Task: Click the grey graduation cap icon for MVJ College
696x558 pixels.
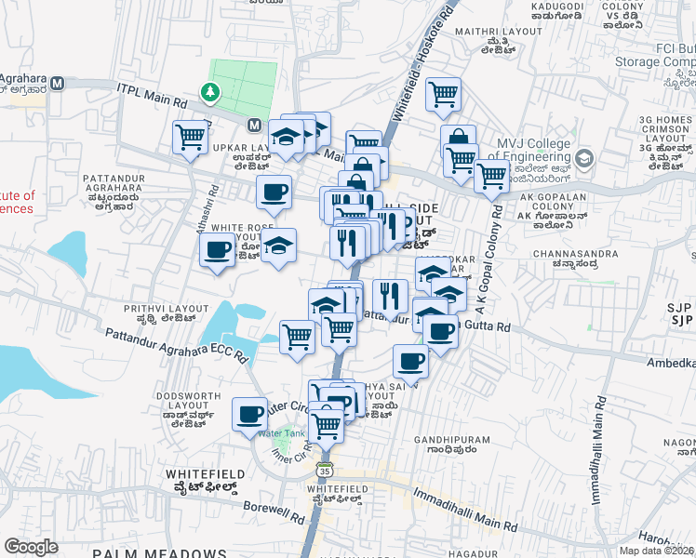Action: [584, 158]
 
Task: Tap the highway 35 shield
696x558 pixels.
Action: [324, 469]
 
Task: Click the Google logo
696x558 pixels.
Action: [32, 547]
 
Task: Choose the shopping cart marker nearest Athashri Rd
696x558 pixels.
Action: [190, 137]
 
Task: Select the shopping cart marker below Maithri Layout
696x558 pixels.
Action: [444, 93]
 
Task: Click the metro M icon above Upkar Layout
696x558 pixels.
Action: [254, 124]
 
